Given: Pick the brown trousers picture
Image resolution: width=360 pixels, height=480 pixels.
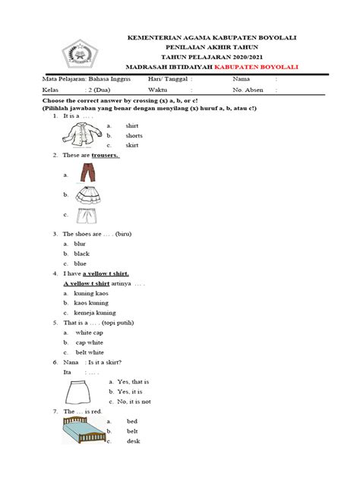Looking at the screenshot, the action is (87, 175).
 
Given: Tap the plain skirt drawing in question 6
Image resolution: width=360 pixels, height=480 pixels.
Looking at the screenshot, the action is (79, 392).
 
